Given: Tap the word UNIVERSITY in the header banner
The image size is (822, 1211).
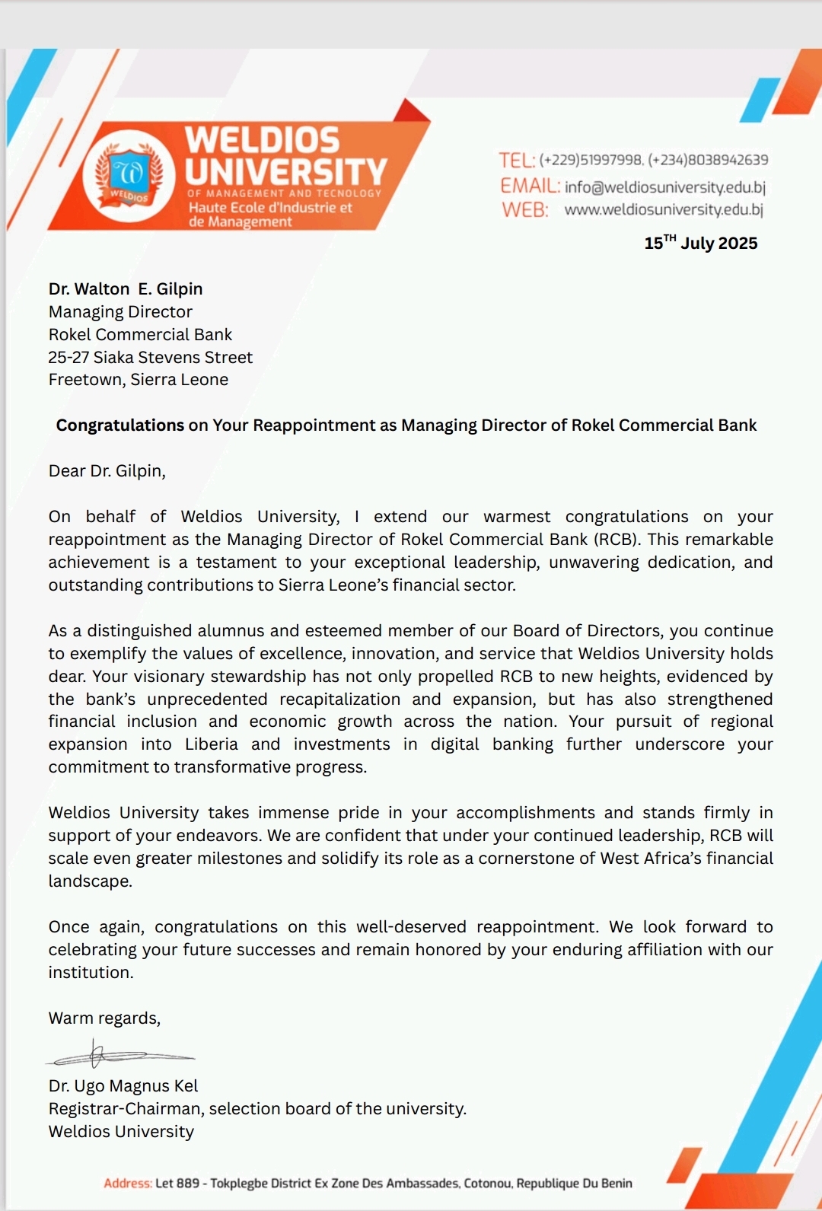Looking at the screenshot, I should pos(286,172).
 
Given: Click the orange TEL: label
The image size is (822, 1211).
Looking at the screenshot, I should pos(517,160).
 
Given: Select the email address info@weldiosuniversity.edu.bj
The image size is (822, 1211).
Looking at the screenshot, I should pos(664,186).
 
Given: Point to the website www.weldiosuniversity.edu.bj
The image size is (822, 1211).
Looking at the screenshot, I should pos(663,209).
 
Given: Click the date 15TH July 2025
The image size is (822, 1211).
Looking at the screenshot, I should pos(700,243).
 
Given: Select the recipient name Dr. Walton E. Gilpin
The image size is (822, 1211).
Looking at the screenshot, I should pos(126,289).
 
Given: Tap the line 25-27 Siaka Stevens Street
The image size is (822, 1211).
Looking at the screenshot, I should pos(150,357).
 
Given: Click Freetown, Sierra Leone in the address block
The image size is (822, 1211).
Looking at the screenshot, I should pos(138,380).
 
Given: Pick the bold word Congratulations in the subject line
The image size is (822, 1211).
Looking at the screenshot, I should pos(120,425).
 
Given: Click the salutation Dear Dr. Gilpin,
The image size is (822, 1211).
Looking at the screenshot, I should pos(107,471).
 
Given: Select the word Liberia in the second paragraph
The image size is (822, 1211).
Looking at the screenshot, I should pos(211,744).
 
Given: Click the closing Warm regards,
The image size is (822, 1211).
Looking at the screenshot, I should pos(104,1018).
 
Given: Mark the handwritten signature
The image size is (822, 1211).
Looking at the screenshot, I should pos(118,1056).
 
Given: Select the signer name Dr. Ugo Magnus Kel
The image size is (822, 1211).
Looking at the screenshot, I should pos(123,1086).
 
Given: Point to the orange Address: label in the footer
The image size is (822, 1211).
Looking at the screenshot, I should pos(128,1184).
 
